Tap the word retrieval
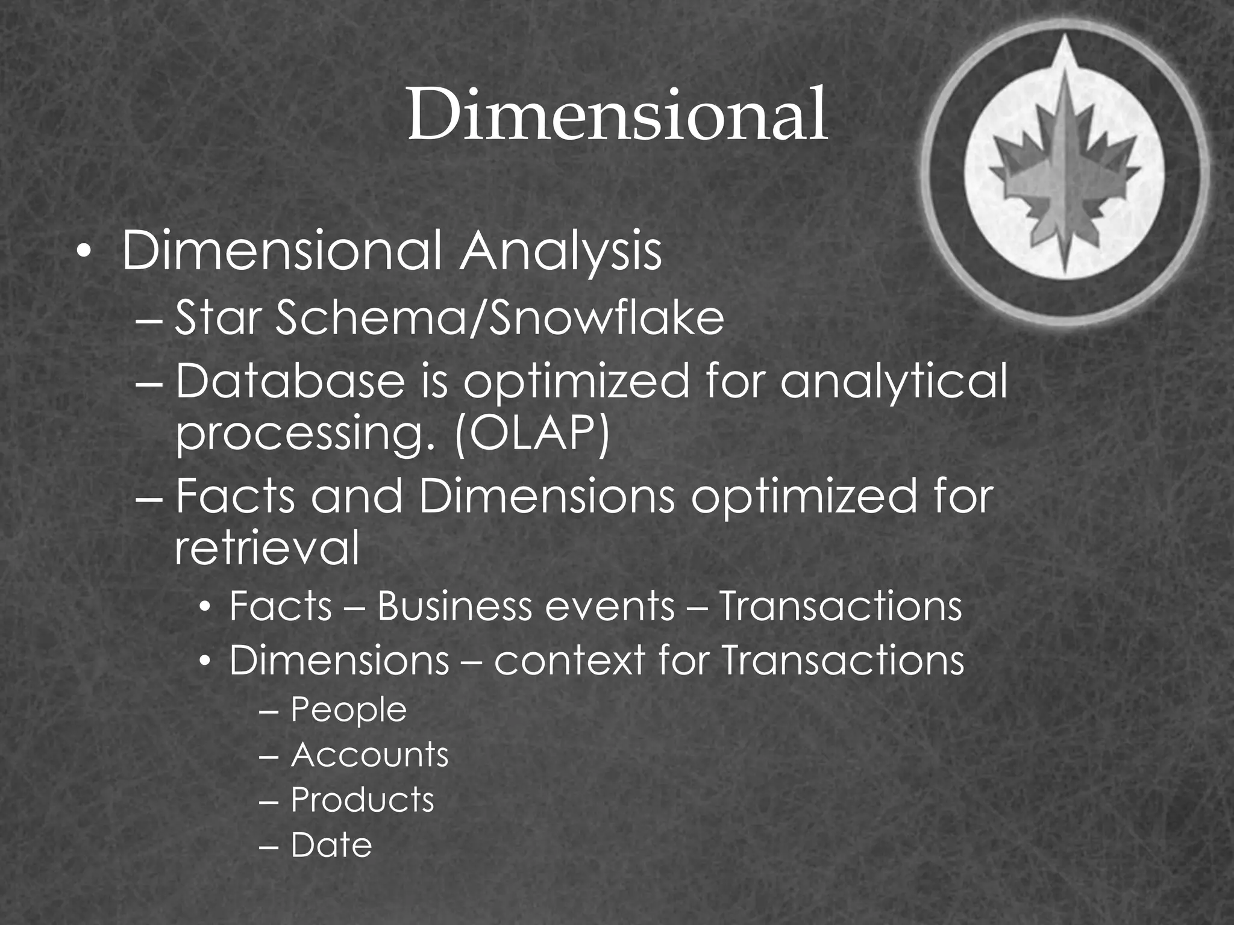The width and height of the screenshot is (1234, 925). point(267,547)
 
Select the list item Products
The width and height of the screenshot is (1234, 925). point(362,800)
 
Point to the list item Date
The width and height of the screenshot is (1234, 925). point(331,845)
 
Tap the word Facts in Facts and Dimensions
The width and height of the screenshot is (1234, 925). point(236,497)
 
